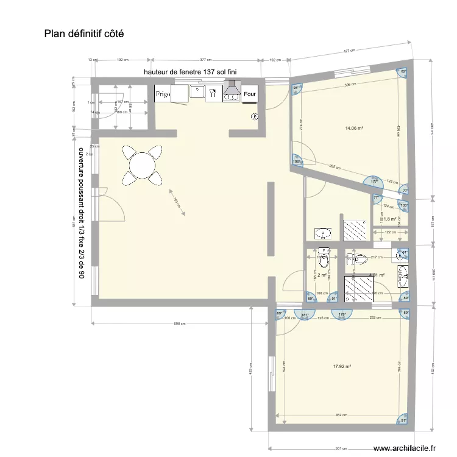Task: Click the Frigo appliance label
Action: (163, 94)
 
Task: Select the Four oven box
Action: (250, 94)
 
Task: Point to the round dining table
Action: (142, 165)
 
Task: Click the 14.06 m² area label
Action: (355, 129)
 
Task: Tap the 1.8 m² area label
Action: (390, 219)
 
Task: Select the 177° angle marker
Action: (375, 182)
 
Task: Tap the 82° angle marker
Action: (403, 71)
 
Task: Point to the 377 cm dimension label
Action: (205, 60)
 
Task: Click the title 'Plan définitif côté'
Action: (83, 34)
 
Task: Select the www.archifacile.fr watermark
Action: (404, 448)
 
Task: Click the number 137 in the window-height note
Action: (202, 72)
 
